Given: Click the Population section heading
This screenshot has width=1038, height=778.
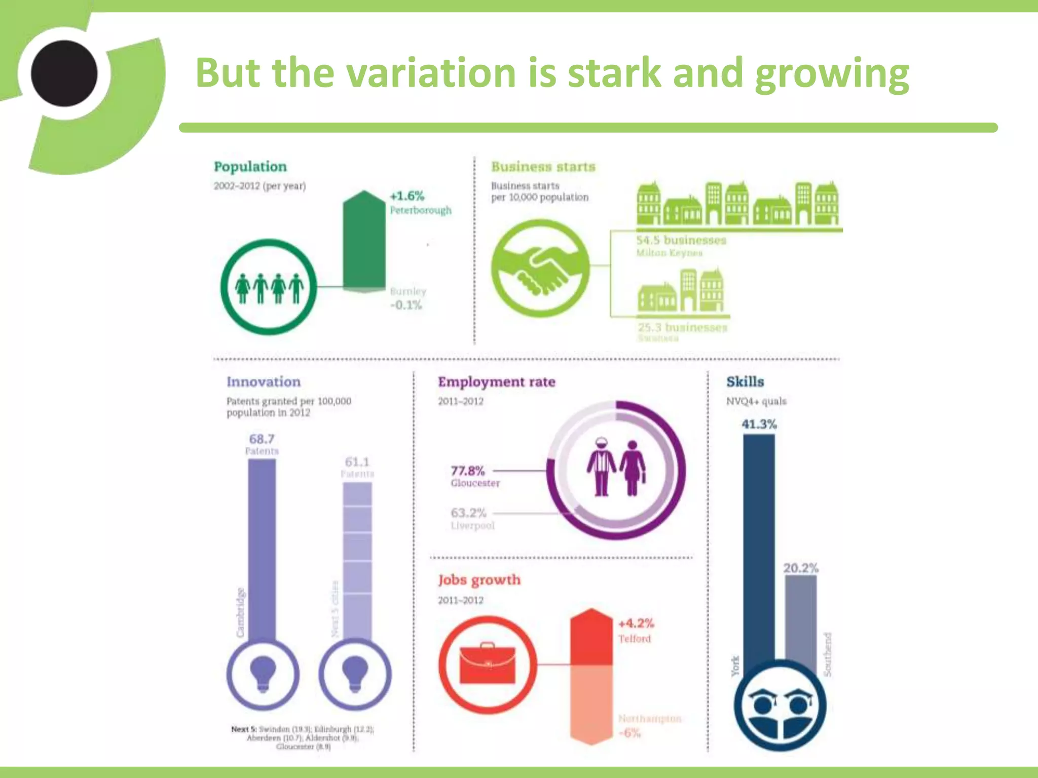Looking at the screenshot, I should tap(250, 167).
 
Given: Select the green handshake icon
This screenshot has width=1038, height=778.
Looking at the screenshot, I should tap(541, 268).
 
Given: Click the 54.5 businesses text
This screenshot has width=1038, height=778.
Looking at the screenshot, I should tap(681, 240).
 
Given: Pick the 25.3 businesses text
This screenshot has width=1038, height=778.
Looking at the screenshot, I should tap(682, 327).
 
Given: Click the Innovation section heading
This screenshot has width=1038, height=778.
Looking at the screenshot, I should tap(264, 382).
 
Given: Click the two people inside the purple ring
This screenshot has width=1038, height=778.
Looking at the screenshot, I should tap(616, 468).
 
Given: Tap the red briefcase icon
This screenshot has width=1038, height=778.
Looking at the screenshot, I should tap(487, 664).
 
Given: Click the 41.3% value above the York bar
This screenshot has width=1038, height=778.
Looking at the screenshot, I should tap(759, 424).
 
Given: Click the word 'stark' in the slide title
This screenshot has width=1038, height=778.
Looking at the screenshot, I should tap(614, 73).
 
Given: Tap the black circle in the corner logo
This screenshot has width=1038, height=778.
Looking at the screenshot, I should tap(64, 73).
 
